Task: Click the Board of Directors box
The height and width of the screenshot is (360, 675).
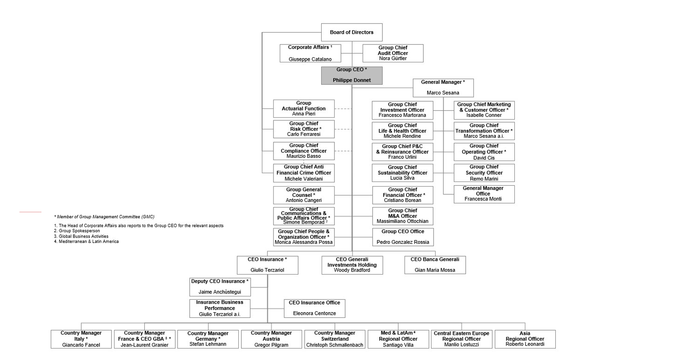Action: pos(352,32)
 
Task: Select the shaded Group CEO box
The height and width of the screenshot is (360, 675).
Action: pos(352,75)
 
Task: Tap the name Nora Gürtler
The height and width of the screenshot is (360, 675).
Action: pos(393,59)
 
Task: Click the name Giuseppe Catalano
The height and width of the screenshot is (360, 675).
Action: pos(310,59)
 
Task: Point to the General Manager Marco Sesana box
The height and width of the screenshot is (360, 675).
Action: pos(443,88)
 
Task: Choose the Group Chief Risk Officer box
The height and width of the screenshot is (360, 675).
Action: pos(304,129)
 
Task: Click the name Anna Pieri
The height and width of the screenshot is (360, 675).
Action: pos(304,114)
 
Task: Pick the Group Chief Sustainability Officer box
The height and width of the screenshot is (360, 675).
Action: pos(402,173)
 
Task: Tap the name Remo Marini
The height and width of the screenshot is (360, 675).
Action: pos(484,179)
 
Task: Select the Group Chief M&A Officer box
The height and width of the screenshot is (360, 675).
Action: pos(402,216)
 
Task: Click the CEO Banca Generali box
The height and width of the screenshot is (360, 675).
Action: pos(435,265)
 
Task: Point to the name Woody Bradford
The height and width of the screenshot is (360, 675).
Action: pos(352,270)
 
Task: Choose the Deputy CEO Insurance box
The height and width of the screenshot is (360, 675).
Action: pos(220,287)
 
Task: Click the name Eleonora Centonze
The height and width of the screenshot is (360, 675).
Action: pos(314,313)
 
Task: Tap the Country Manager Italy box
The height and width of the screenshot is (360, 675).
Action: pos(81,339)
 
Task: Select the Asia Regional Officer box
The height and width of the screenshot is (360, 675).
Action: pos(525,339)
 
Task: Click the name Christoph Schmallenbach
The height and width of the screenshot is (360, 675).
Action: pos(335,345)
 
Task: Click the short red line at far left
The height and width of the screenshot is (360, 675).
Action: pos(30,212)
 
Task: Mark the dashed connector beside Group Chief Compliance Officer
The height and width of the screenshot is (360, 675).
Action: pos(343,151)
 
